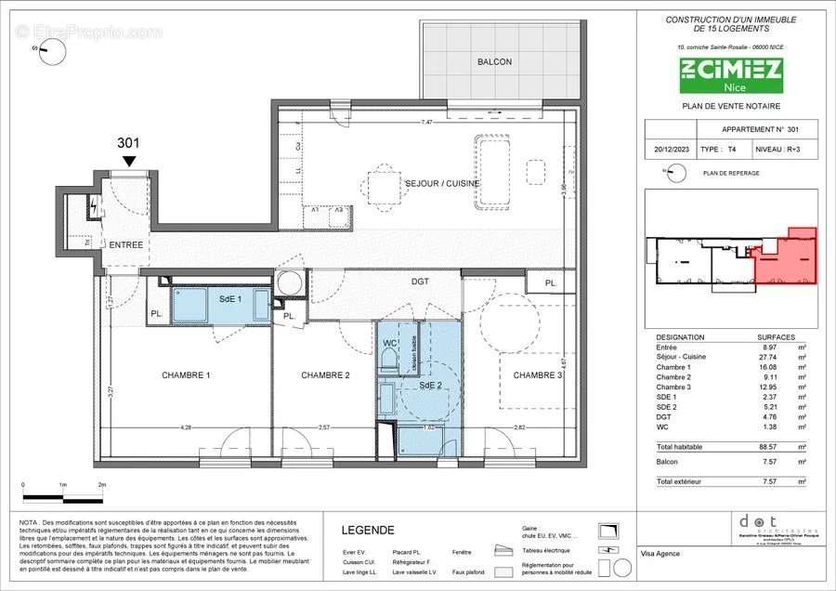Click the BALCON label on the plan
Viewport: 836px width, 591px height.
click(495, 62)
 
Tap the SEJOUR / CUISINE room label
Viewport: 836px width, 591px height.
click(442, 183)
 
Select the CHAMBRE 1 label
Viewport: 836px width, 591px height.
click(186, 375)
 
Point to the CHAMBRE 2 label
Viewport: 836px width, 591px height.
click(325, 375)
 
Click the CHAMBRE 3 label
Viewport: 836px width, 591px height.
click(539, 375)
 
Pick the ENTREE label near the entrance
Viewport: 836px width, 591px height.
click(126, 244)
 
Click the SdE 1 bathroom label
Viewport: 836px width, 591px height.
click(230, 299)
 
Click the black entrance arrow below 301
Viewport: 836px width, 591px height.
click(128, 161)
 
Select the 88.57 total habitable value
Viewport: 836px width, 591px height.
click(766, 447)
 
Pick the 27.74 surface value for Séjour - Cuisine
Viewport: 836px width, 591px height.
click(766, 356)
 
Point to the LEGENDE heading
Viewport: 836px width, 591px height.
click(369, 531)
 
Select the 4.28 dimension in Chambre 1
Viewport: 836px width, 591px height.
click(186, 427)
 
